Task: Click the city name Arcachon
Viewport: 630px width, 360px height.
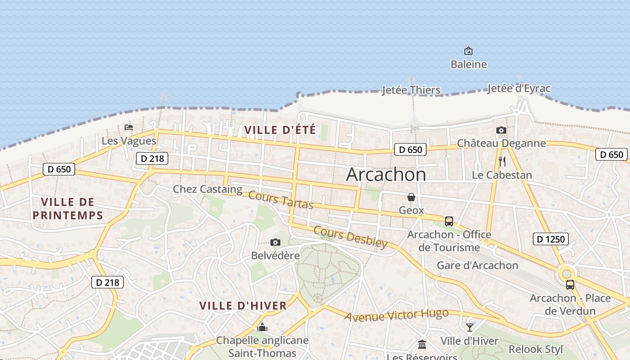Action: point(386,175)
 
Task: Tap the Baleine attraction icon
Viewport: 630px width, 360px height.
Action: point(468,51)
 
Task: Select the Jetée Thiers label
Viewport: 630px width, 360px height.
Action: point(411,90)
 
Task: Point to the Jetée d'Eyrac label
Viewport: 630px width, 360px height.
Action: point(519,88)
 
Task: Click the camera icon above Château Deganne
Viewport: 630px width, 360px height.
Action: point(501,130)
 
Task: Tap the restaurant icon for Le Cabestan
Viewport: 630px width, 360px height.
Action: point(502,161)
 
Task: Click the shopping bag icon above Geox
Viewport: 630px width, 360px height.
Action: point(411,197)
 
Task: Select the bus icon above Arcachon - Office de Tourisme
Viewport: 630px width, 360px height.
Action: point(449,221)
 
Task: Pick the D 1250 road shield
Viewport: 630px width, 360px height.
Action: point(551,239)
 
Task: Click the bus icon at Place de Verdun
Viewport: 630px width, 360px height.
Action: point(570,285)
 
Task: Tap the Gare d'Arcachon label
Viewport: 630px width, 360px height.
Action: point(477,265)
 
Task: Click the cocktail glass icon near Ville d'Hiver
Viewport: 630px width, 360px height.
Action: point(470,327)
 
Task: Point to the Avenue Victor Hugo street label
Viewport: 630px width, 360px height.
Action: point(396,315)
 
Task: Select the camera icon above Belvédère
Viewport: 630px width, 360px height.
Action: point(275,243)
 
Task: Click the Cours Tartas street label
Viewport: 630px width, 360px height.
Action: point(280,200)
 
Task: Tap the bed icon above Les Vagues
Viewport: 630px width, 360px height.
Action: point(129,127)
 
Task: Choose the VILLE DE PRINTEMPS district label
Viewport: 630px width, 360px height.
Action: point(68,208)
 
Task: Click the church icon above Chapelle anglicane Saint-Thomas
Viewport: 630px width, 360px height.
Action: point(262,327)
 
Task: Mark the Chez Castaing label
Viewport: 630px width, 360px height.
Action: point(207,189)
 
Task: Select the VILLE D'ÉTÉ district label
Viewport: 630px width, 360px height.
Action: point(280,130)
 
